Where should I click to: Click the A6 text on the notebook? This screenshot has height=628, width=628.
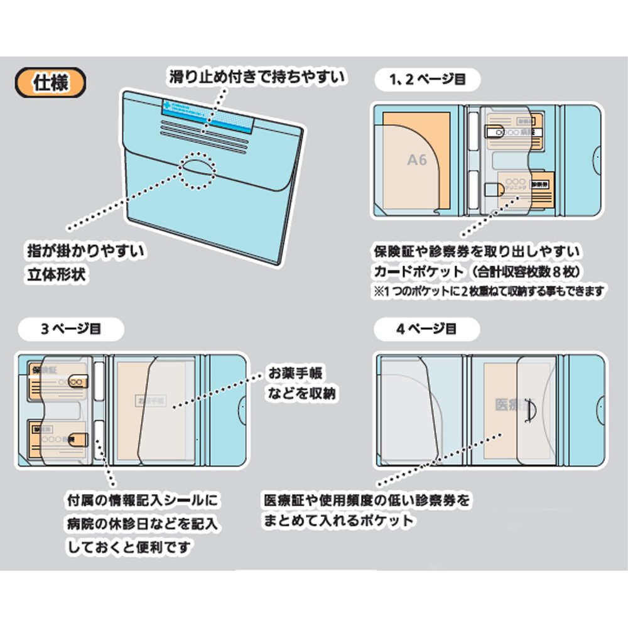point(416,160)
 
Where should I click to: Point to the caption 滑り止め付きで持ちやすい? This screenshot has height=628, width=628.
point(257,77)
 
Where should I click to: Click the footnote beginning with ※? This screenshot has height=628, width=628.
point(489,291)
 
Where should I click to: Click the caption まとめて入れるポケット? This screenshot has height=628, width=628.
point(339,521)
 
